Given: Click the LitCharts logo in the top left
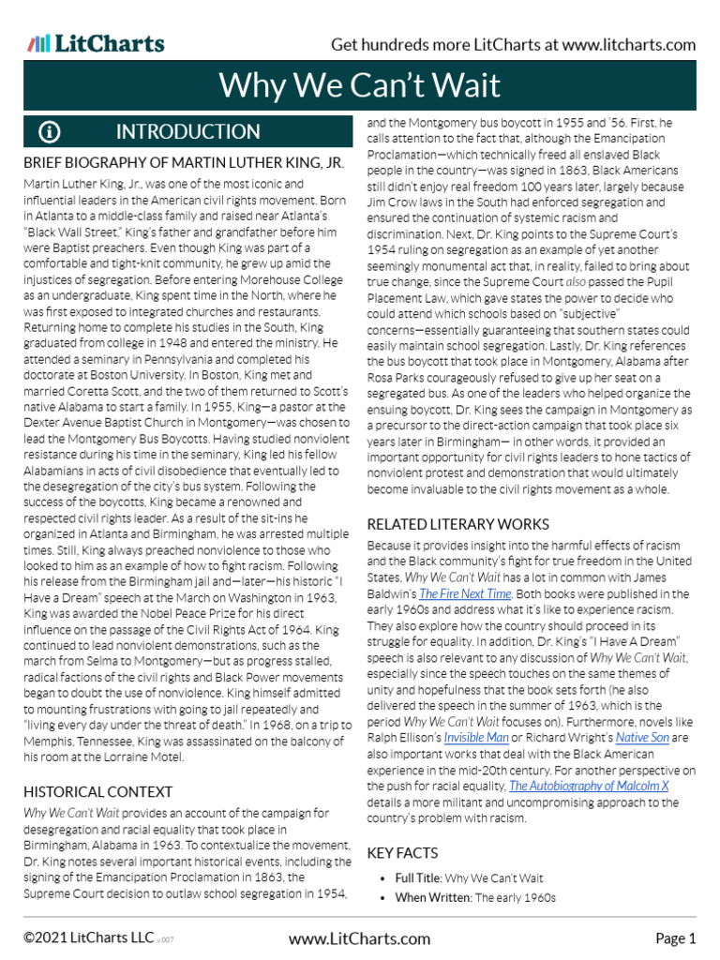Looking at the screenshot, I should click(96, 44).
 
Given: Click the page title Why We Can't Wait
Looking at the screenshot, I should click(360, 86).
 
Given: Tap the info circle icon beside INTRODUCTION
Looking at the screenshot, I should click(50, 132).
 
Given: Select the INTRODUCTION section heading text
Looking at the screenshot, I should click(187, 132).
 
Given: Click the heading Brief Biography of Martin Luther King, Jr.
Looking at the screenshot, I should click(184, 163).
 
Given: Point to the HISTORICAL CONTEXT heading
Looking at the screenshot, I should click(97, 792).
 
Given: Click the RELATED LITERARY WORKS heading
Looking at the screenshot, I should click(457, 524).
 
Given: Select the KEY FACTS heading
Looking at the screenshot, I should click(402, 853).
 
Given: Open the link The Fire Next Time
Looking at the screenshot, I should click(465, 594).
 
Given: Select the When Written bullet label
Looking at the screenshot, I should click(433, 897).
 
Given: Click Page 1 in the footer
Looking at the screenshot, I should click(675, 938).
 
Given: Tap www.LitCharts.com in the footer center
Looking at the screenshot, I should click(360, 938).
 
